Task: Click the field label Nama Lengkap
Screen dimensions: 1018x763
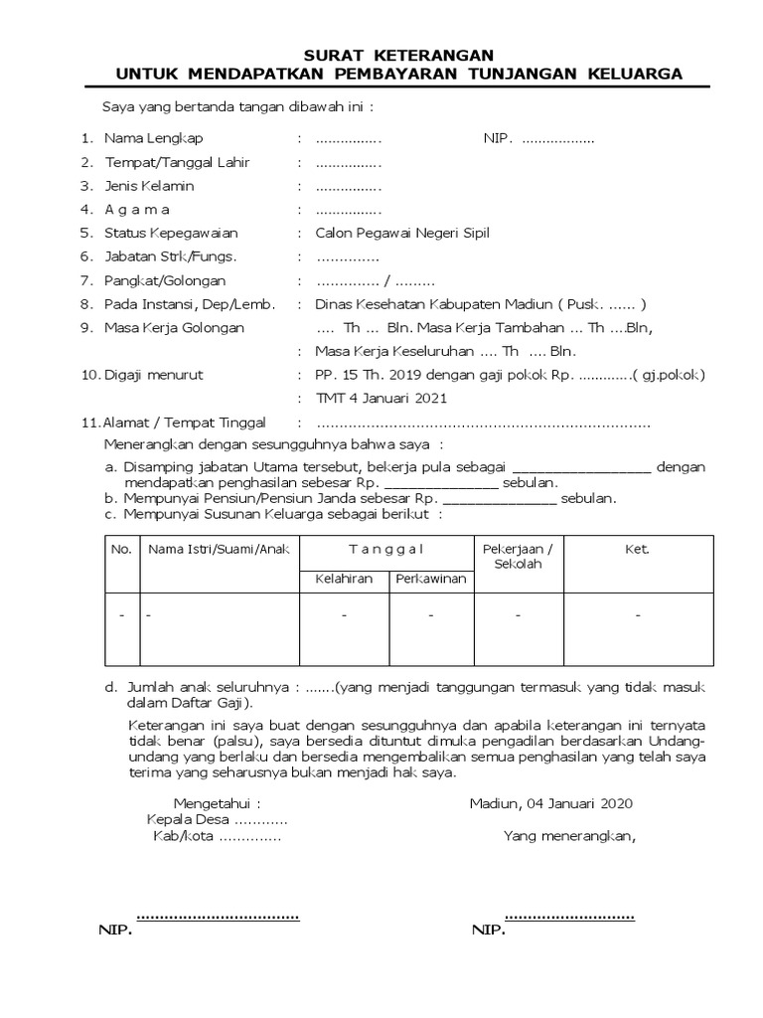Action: [153, 138]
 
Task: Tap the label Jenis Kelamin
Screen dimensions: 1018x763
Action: [149, 186]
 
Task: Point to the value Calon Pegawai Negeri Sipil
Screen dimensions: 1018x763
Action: [401, 234]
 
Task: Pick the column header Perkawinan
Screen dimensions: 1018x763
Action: [431, 579]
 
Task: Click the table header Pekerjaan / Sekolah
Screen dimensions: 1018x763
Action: [518, 557]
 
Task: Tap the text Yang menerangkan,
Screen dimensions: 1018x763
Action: [568, 836]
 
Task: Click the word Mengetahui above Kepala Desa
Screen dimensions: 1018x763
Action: [217, 804]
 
